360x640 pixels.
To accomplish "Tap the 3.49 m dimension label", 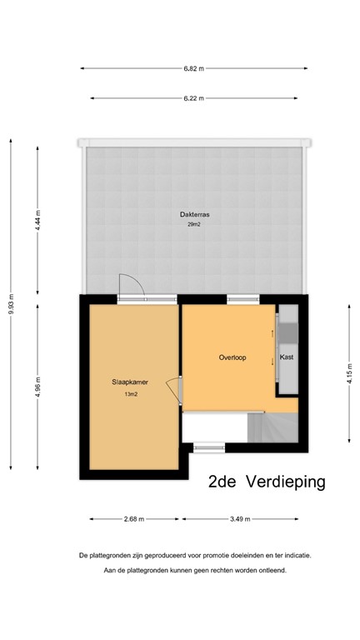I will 240,518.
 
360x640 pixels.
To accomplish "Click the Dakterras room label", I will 194,214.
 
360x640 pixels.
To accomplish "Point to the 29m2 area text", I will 194,224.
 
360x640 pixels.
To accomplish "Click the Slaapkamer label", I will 130,382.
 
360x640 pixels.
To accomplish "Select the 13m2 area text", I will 130,394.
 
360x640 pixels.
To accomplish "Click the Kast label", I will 287,357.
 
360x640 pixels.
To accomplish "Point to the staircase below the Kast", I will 273,429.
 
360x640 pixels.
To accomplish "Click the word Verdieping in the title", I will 286,482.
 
